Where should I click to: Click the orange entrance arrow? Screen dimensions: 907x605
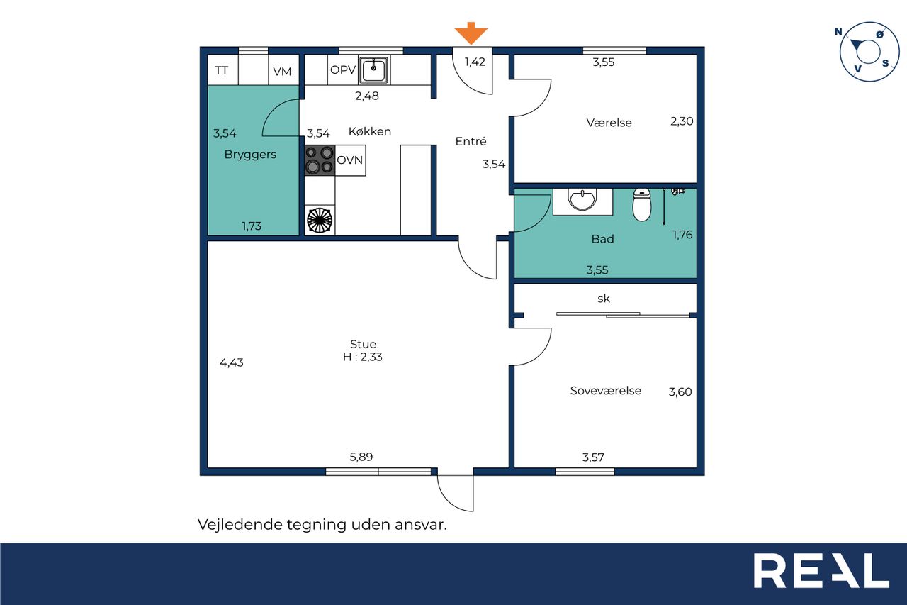tap(471, 33)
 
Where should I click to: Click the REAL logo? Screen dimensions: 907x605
tap(821, 570)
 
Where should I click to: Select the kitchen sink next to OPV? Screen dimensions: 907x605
tap(374, 70)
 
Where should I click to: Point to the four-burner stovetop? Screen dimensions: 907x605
tap(320, 160)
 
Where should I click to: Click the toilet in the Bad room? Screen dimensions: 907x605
tap(642, 204)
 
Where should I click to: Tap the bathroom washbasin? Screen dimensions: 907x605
tap(582, 200)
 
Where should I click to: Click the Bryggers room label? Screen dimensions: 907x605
tap(250, 155)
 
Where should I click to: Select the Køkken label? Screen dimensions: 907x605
tap(370, 131)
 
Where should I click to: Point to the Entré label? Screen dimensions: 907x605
tap(471, 140)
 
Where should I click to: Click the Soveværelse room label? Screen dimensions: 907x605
tap(605, 391)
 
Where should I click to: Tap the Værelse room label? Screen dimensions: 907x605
tap(609, 123)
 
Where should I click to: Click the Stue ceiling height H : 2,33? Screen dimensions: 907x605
tap(362, 357)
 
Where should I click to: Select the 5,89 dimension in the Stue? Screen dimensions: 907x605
tap(361, 457)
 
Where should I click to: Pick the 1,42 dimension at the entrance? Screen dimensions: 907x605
tap(475, 62)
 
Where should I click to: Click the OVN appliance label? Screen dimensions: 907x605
tap(349, 160)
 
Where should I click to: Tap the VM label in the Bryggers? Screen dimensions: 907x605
tap(282, 72)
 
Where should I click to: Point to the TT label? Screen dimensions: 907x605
tap(222, 70)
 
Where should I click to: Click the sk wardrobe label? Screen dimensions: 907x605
tap(603, 299)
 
